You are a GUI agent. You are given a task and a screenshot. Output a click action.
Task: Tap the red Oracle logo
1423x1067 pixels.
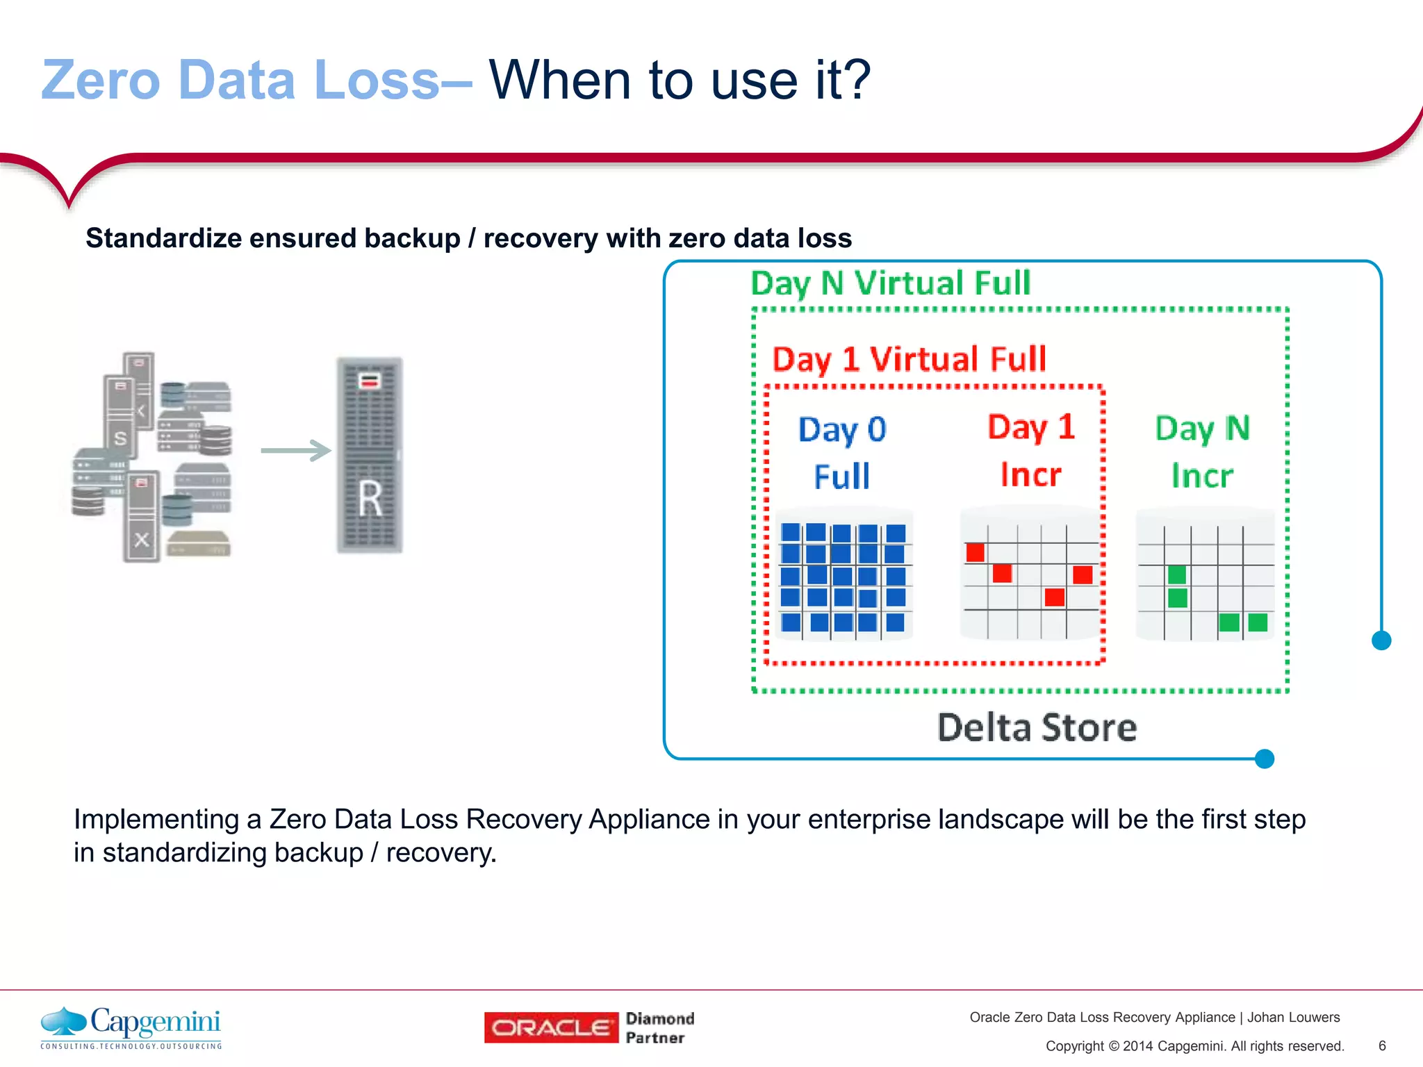(551, 1027)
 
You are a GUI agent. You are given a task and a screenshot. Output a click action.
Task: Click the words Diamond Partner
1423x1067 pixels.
(659, 1027)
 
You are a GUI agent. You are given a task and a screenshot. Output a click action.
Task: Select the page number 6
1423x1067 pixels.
(1382, 1045)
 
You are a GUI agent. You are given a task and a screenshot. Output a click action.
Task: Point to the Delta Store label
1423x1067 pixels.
(1037, 727)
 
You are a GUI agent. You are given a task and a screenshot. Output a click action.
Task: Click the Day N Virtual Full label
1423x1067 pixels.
(890, 283)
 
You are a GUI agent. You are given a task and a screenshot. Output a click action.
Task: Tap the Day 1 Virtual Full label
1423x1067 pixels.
(909, 360)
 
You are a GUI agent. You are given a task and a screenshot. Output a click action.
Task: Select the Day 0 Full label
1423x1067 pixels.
(842, 452)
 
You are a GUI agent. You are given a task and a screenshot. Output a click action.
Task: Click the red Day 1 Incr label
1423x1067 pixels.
(1031, 450)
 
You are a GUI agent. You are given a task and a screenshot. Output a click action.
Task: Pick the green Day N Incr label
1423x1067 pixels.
(1202, 452)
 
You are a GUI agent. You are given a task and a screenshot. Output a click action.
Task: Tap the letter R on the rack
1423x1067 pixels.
(370, 498)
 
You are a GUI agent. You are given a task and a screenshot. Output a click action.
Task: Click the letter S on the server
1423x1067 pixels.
(120, 438)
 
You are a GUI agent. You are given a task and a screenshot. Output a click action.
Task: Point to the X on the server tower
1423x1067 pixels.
(142, 539)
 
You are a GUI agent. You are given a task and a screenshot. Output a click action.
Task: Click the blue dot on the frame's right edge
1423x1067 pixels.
(1381, 640)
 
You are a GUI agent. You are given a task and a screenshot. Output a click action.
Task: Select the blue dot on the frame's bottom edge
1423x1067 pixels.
(1265, 759)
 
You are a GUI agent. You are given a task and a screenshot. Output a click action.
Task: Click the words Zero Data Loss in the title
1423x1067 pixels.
(240, 80)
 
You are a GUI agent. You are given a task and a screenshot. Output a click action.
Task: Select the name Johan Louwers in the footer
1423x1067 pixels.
(1293, 1017)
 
